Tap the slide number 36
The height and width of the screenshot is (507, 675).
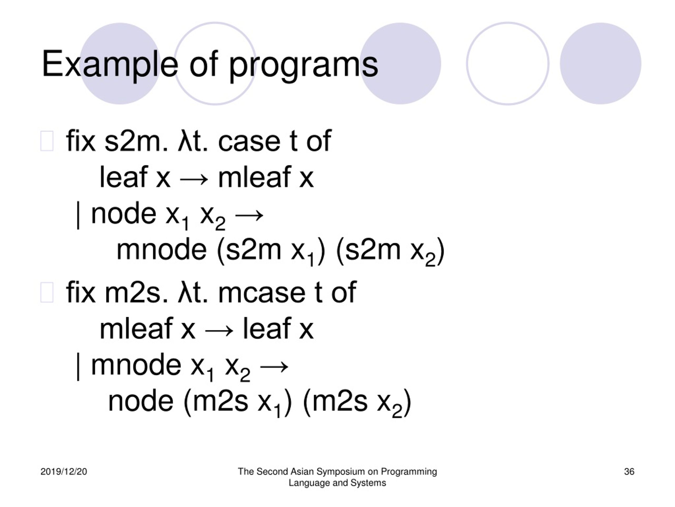(629, 472)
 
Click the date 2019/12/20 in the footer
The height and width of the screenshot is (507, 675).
(64, 472)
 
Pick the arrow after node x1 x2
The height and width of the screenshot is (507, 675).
(249, 215)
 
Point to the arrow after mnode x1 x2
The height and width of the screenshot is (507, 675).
(274, 367)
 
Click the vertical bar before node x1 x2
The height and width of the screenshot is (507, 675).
(78, 215)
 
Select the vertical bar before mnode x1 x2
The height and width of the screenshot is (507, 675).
(78, 367)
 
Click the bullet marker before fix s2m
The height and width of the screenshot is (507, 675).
(47, 141)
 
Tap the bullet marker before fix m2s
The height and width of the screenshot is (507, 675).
(47, 293)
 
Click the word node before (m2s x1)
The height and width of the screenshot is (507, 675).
(141, 401)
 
